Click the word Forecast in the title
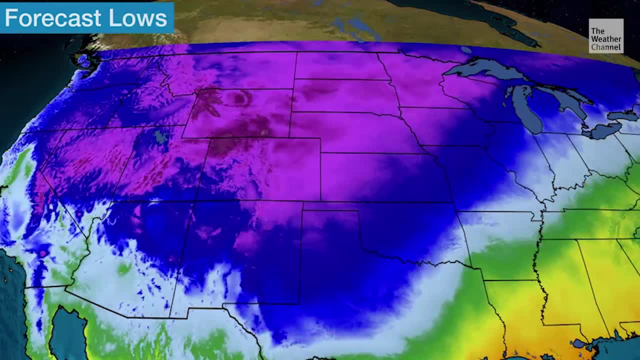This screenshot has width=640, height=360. coord(52,18)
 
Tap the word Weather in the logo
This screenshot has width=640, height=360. coord(606,39)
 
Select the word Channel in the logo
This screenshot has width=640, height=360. coord(606,47)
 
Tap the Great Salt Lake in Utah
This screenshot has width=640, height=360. coord(159,135)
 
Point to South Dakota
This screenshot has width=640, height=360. coord(345,95)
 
